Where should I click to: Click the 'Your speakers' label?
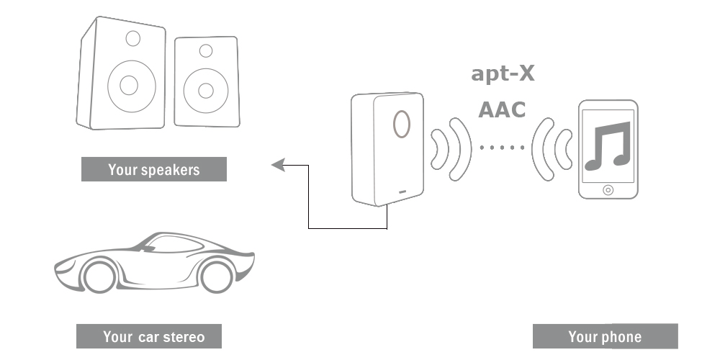[x=153, y=170]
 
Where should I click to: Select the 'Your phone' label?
[x=605, y=336]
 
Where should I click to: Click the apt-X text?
[x=503, y=73]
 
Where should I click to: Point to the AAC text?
[x=502, y=110]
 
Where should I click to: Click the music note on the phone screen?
[x=608, y=145]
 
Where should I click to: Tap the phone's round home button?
[x=608, y=190]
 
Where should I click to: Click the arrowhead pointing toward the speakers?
[x=276, y=166]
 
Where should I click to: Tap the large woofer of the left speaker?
[x=129, y=85]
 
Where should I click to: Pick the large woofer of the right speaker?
[x=206, y=90]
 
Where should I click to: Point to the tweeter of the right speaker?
[x=206, y=50]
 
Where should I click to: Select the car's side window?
[x=173, y=244]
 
